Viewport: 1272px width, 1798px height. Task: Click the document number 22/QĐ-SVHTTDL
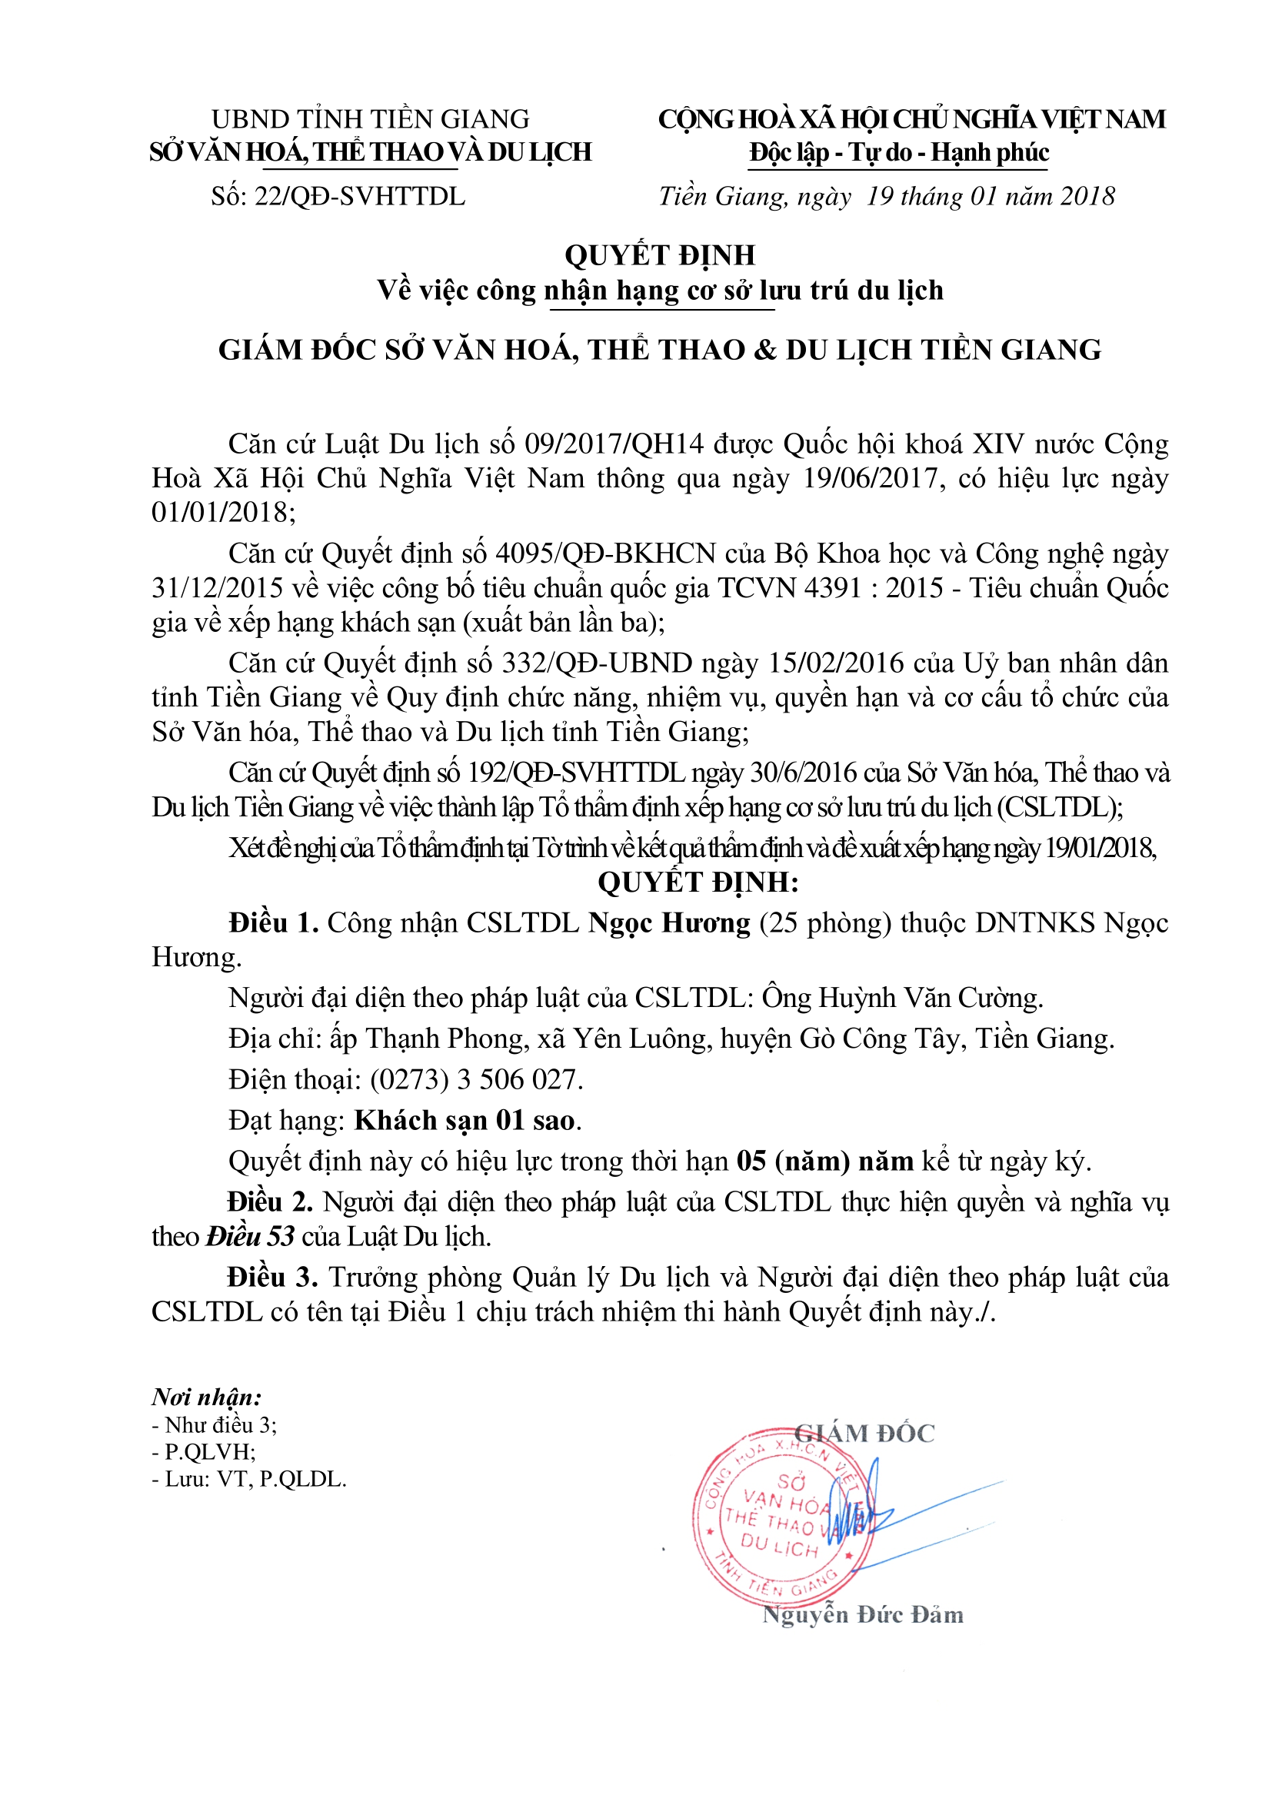coord(359,197)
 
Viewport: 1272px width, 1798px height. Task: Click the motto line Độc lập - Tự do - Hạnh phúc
coord(898,152)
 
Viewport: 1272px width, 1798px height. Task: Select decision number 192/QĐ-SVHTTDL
coord(578,773)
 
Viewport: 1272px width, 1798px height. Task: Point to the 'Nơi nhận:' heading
coord(207,1397)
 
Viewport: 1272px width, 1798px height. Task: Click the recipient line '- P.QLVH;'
coord(204,1452)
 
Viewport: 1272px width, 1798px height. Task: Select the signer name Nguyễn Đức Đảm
coord(862,1614)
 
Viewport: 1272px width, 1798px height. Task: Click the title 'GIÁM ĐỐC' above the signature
coord(864,1433)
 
